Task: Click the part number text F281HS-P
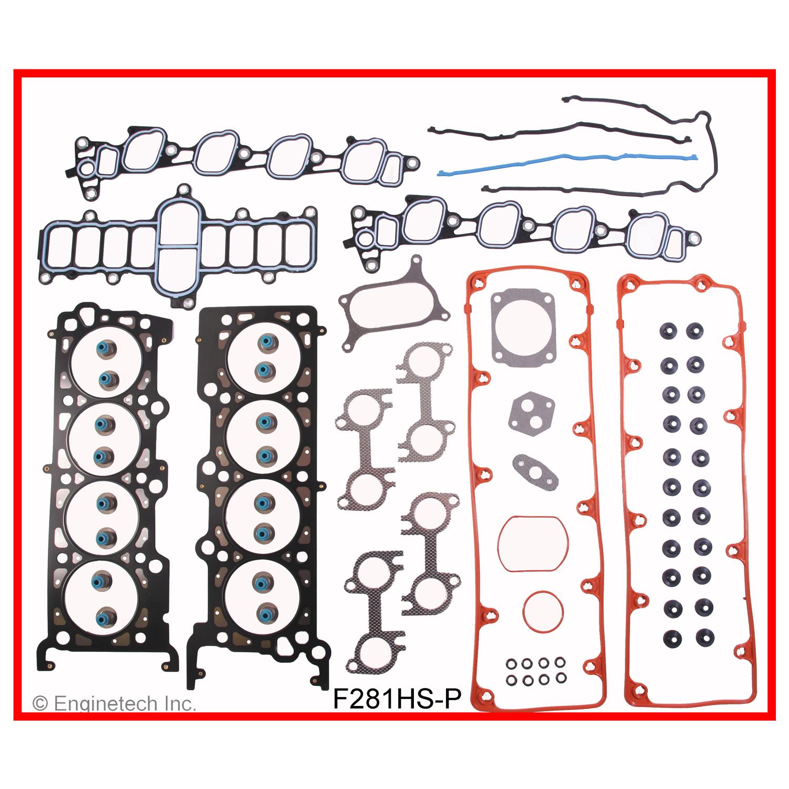pos(398,699)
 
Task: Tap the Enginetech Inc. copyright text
pos(114,703)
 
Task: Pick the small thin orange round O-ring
pos(540,608)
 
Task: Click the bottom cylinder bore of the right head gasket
pos(260,594)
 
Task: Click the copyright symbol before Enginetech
pos(38,704)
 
